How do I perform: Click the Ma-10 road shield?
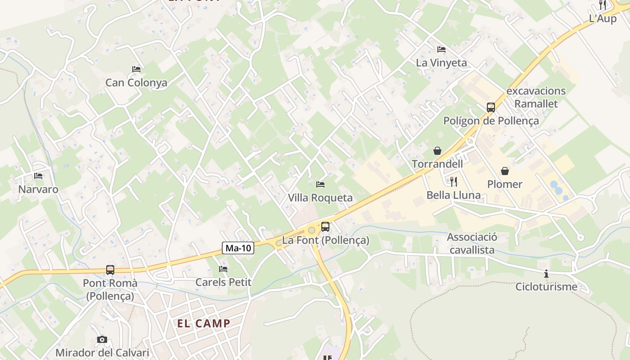coord(238,247)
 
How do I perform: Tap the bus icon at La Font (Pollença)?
coord(325,227)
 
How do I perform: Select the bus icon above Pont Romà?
coord(110,270)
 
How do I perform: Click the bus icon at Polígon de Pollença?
coord(491,108)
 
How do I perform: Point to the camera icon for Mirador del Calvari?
coord(102,339)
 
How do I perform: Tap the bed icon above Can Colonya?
coord(136,69)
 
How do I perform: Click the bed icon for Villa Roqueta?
coord(320,184)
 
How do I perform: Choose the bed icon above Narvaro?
coord(38,176)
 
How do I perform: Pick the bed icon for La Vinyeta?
coord(441,49)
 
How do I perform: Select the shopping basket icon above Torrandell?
coord(437,151)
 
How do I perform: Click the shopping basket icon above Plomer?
coord(505,171)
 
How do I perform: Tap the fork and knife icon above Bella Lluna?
coord(454,182)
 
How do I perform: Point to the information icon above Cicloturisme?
coord(546,274)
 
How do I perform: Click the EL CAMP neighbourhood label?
coord(204,323)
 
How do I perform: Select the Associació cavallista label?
coord(472,243)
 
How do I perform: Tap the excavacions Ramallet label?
coord(536,97)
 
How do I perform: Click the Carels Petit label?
coord(223,282)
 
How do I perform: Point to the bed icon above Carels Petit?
coord(223,269)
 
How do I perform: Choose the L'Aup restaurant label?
coord(603,18)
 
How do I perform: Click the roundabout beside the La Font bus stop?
coord(311,230)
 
